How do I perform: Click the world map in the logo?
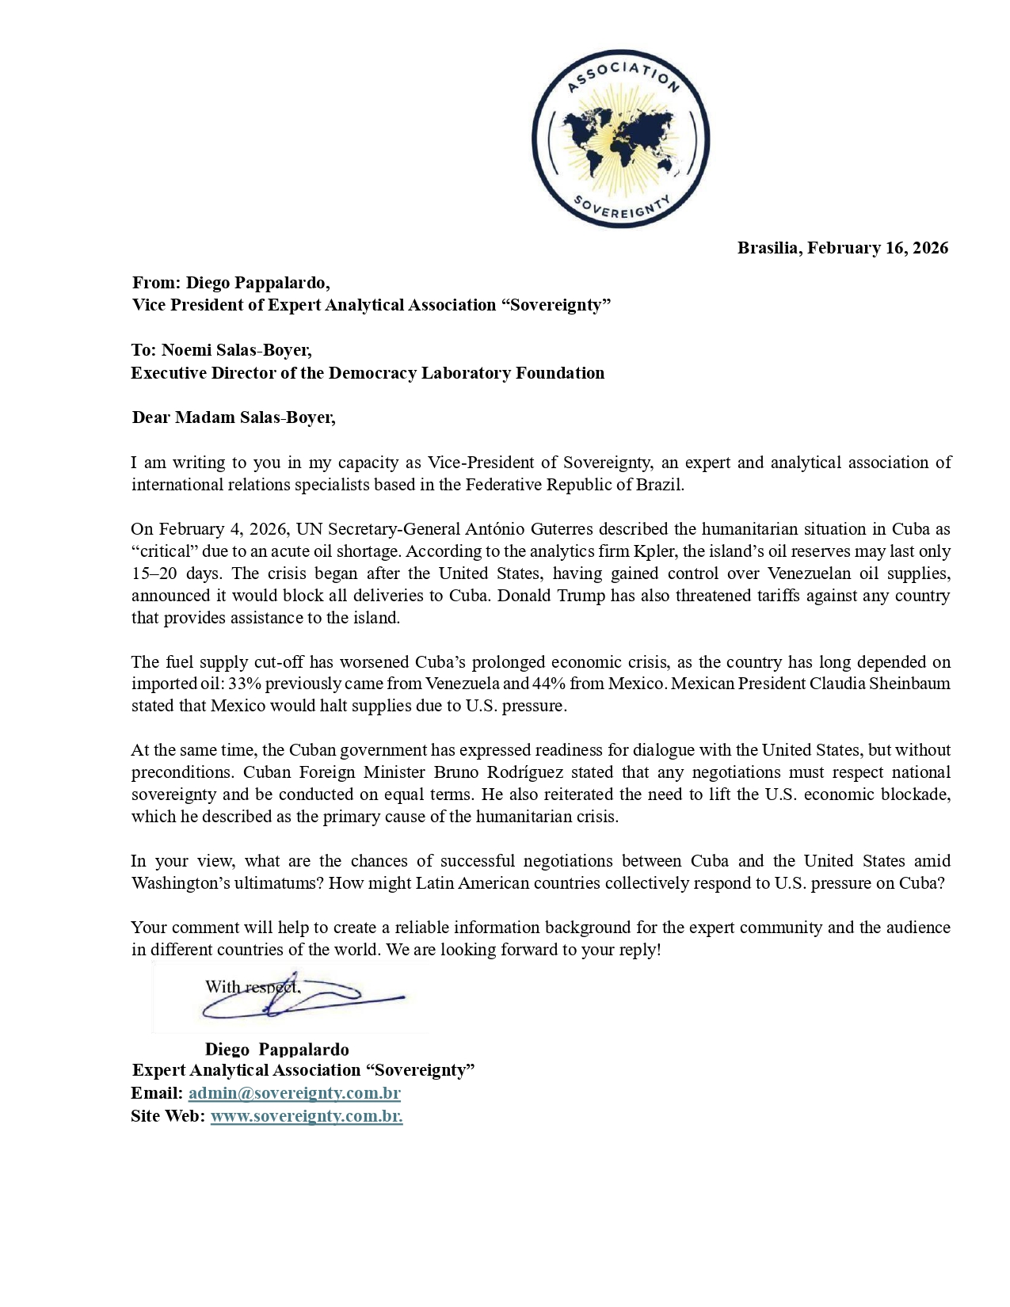click(x=620, y=141)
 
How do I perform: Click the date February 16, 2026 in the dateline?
click(x=878, y=248)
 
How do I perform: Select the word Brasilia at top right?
click(x=768, y=248)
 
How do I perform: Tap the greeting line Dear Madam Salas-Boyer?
click(x=234, y=417)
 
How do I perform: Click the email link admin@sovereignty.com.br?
click(x=294, y=1093)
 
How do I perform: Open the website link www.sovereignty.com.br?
click(x=306, y=1116)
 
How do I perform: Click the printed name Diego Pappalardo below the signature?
click(x=276, y=1050)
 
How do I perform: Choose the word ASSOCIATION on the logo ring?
click(x=623, y=73)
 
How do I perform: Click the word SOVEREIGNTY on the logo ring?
click(x=622, y=209)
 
